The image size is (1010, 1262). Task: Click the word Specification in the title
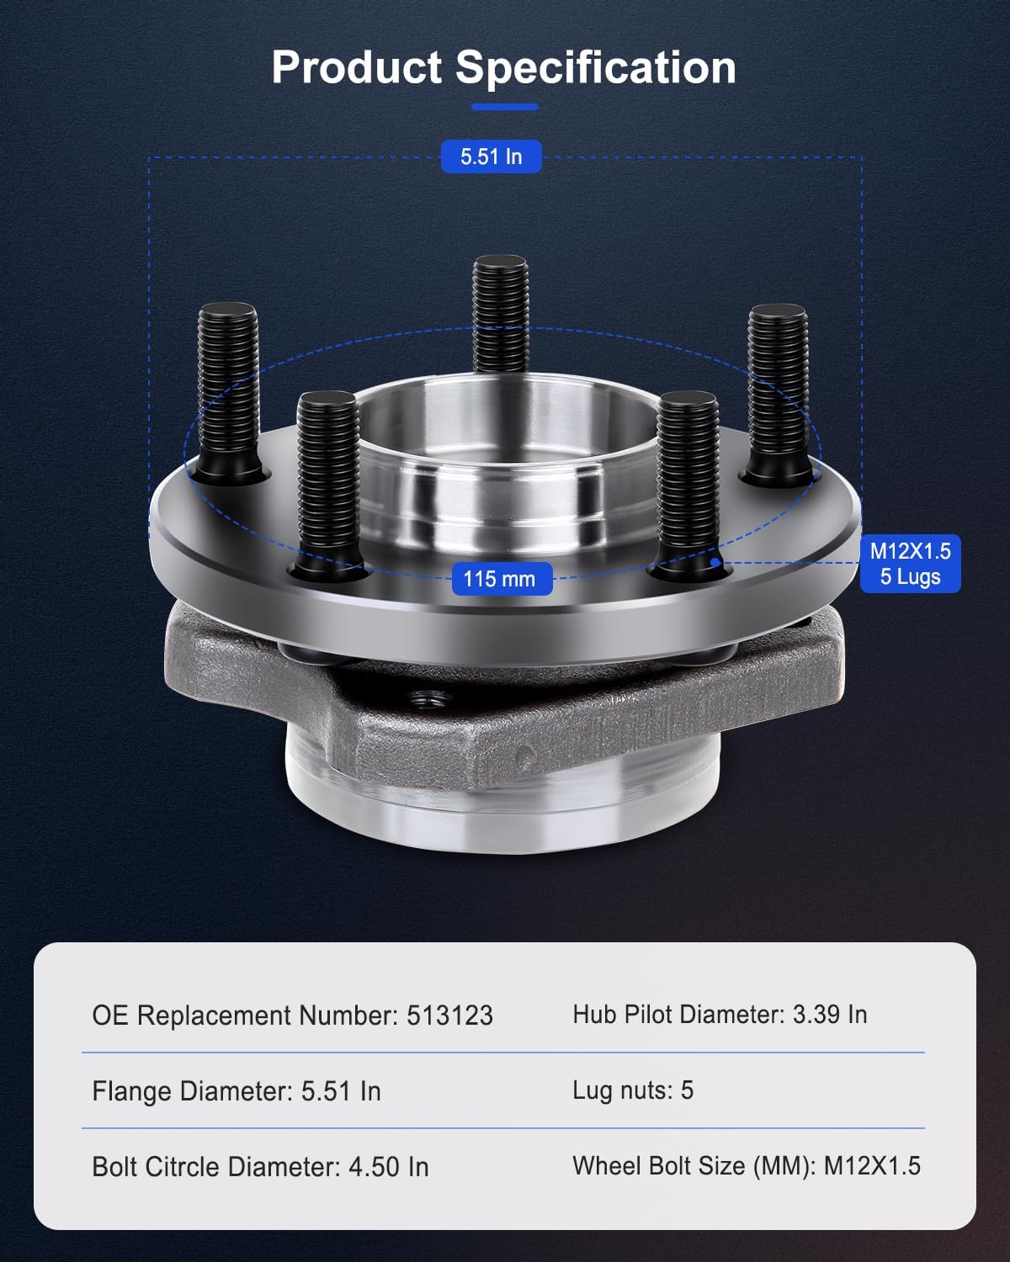(x=595, y=67)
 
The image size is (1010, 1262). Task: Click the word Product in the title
(x=356, y=67)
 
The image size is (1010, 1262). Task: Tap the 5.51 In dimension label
(x=491, y=156)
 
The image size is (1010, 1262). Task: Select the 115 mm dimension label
(x=501, y=579)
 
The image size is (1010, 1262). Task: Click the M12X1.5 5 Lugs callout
(x=910, y=564)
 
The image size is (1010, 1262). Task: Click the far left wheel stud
(x=228, y=387)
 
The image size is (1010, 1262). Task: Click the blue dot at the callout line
(x=715, y=562)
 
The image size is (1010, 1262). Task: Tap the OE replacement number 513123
(x=449, y=1015)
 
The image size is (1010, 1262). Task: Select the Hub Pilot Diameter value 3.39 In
(x=830, y=1015)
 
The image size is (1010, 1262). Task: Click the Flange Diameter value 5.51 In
(x=341, y=1091)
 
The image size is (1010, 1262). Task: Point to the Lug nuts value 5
(x=687, y=1090)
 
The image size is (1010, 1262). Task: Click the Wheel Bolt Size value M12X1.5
(x=872, y=1166)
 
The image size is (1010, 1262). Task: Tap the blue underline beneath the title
(x=504, y=107)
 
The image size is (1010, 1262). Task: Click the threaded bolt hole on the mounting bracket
(x=432, y=697)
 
